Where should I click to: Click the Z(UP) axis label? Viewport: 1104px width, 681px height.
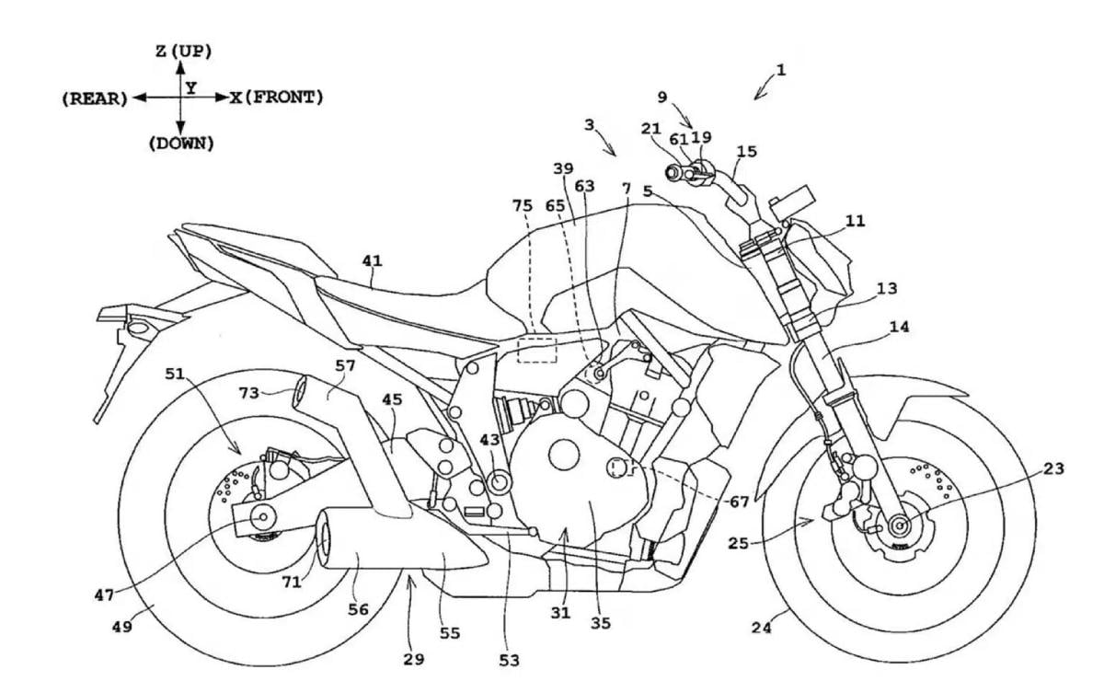tap(184, 52)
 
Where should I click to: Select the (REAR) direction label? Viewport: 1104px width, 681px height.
tap(95, 98)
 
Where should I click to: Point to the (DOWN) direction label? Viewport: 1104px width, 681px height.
tap(180, 144)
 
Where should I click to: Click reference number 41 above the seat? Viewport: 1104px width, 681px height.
tap(372, 261)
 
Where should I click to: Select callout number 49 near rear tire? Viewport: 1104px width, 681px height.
tap(121, 627)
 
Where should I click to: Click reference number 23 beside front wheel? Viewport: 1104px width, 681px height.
tap(1053, 468)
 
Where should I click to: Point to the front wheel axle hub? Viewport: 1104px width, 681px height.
tap(898, 526)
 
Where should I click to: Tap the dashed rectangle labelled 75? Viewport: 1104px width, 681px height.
tap(536, 350)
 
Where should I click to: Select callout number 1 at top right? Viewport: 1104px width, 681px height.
tap(781, 69)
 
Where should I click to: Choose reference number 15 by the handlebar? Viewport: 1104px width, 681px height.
tap(747, 151)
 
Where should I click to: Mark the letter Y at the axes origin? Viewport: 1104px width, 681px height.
tap(190, 87)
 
